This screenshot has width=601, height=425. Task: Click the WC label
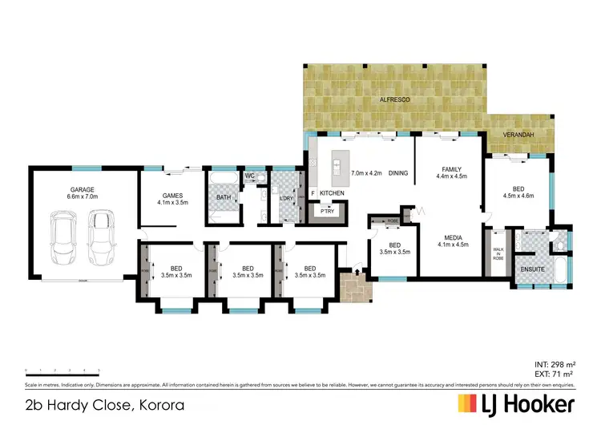click(249, 176)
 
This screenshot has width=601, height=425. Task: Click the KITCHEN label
click(333, 194)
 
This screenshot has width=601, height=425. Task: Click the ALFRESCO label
click(394, 99)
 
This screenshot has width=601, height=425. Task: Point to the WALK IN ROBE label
click(498, 256)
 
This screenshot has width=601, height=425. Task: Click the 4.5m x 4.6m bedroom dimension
click(518, 195)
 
